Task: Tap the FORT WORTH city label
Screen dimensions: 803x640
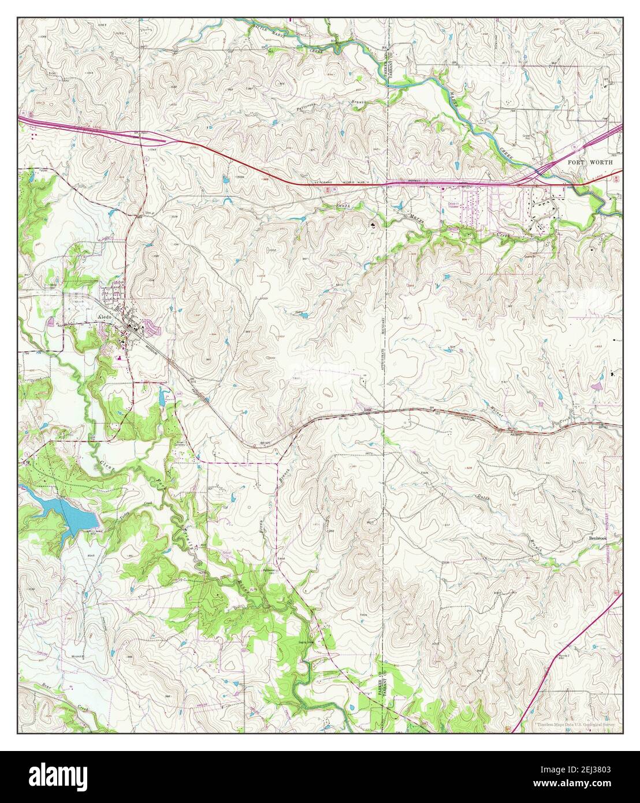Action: [587, 163]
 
